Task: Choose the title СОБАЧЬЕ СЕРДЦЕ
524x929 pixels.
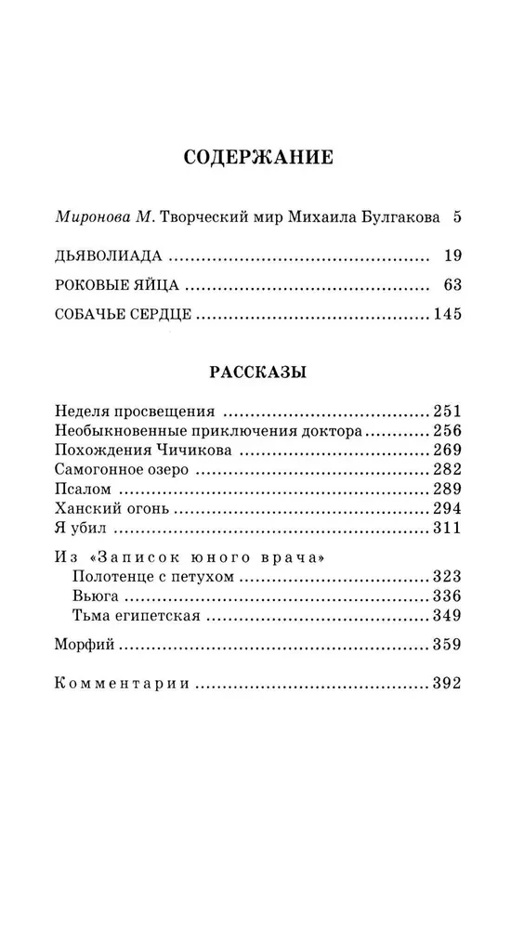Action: click(124, 315)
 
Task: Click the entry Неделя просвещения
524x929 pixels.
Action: click(136, 412)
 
